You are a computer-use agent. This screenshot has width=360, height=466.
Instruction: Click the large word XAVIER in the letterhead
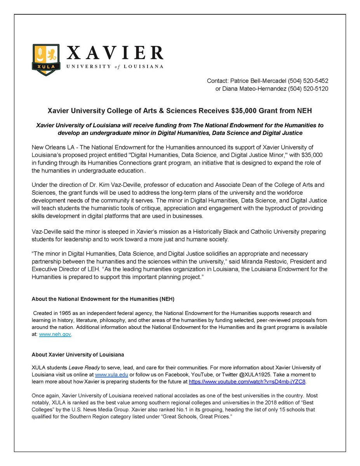tap(115, 53)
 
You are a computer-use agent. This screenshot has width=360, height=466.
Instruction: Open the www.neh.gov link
tap(55, 334)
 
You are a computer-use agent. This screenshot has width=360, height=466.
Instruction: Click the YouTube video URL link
tap(247, 382)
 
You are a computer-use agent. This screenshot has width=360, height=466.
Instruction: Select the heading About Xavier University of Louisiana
tap(78, 355)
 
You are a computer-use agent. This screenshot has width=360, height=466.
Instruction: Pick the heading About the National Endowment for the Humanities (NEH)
tap(95, 299)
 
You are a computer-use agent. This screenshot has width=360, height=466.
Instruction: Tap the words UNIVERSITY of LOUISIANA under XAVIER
tap(115, 66)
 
